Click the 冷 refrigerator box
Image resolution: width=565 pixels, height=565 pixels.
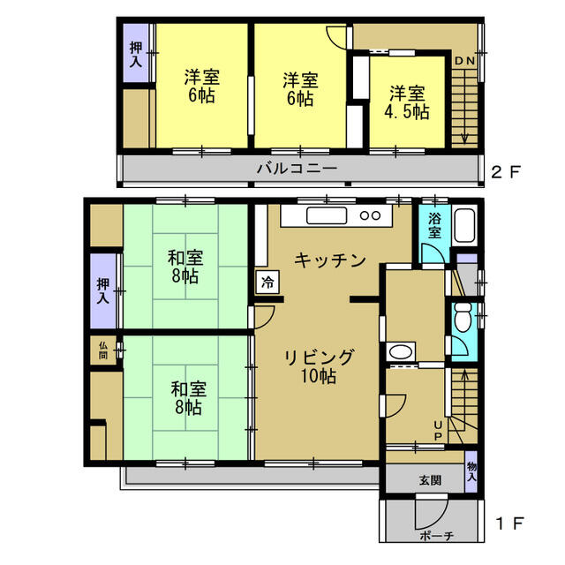[267, 282]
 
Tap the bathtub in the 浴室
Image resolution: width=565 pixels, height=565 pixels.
[464, 226]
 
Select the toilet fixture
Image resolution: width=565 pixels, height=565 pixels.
[463, 316]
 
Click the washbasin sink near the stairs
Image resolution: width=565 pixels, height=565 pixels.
[401, 351]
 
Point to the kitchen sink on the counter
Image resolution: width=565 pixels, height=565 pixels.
[327, 215]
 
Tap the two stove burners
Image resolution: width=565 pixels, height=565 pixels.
[371, 215]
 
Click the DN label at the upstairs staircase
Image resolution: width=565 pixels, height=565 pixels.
[465, 61]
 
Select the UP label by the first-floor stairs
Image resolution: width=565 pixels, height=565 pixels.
[438, 431]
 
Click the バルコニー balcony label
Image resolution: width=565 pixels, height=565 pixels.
[297, 169]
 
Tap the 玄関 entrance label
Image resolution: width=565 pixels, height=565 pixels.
[430, 479]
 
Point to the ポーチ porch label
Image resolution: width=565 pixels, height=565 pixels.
[436, 536]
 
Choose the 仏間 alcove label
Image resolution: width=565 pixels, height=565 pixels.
[103, 350]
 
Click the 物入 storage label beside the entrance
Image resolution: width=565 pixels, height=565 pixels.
[471, 471]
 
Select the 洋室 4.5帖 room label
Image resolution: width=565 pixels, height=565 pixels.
[407, 102]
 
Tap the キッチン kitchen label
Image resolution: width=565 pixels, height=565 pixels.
[329, 260]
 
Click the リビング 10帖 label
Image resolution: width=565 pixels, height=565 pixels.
[319, 366]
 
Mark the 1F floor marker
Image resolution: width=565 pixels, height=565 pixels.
[509, 524]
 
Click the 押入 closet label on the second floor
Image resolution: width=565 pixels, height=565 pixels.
[136, 55]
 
